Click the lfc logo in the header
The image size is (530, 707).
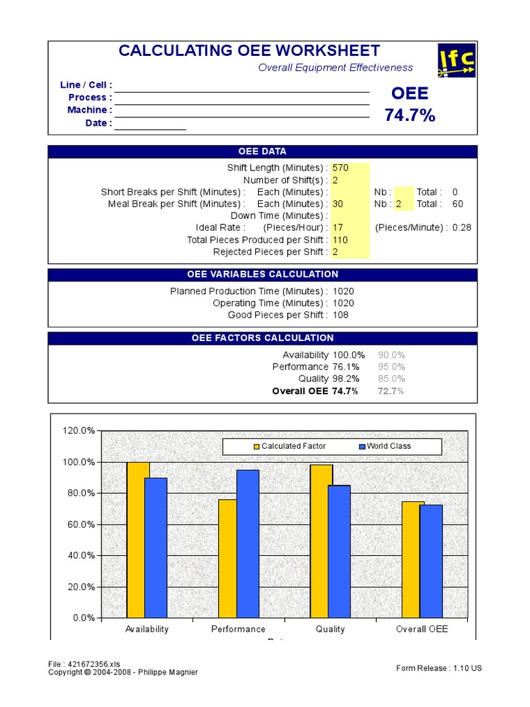point(456,61)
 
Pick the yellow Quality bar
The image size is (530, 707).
point(321,541)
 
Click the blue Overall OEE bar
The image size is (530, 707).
point(431,561)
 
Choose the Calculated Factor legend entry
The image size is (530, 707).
point(289,446)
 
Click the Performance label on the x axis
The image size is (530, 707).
point(238,629)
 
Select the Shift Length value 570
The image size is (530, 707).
point(340,168)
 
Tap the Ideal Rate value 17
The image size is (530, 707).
point(338,227)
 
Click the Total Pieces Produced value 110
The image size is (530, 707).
point(340,240)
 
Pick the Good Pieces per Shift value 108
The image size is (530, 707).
point(340,315)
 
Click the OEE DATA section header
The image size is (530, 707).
point(262,152)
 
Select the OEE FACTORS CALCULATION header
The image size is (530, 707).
point(262,338)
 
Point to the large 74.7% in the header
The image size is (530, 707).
point(410,115)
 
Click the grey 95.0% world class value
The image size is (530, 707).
point(391,367)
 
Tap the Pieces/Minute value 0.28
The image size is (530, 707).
point(462,227)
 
